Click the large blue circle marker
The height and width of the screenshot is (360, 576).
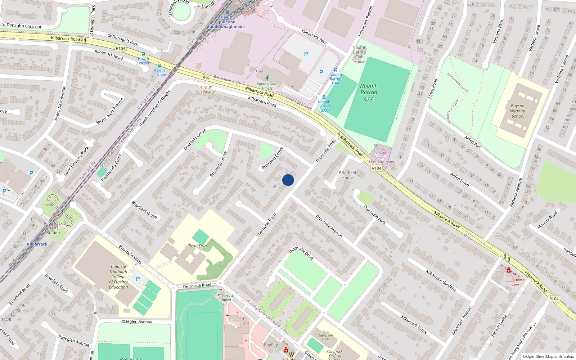[x=288, y=180]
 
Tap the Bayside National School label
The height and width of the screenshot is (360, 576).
[x=518, y=111]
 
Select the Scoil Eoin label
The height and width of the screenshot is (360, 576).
[x=198, y=246]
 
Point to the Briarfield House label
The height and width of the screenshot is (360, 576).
[x=347, y=175]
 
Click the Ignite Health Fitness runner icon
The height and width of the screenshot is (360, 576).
[x=267, y=77]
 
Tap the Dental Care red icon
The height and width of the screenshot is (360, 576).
[x=509, y=270]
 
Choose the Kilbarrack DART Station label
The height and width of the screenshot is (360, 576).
[x=53, y=228]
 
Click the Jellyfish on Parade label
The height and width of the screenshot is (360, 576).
[x=206, y=89]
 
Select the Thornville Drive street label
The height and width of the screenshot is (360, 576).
[x=301, y=253]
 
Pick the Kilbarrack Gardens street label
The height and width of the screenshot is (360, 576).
[x=441, y=280]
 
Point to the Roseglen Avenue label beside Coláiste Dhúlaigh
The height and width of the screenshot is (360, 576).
[x=136, y=321]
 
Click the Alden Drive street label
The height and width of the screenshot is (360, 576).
[x=460, y=179]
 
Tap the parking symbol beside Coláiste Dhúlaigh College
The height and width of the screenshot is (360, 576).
[x=138, y=279]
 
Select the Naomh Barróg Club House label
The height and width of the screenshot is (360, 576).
[x=359, y=54]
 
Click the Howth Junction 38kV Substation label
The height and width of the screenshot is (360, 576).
[x=381, y=157]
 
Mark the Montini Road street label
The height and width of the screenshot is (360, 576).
[x=547, y=220]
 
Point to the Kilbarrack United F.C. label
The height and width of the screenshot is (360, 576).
[x=226, y=300]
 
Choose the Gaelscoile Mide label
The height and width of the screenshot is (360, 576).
[x=325, y=337]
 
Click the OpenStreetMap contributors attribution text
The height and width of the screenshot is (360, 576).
[x=548, y=356]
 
